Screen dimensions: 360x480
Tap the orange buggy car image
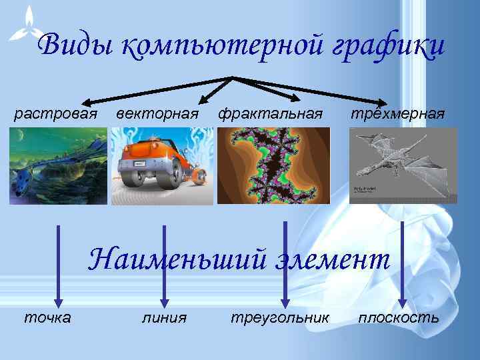(162, 165)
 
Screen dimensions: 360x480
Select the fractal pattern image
(273, 165)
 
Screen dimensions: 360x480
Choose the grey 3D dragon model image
(403, 165)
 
